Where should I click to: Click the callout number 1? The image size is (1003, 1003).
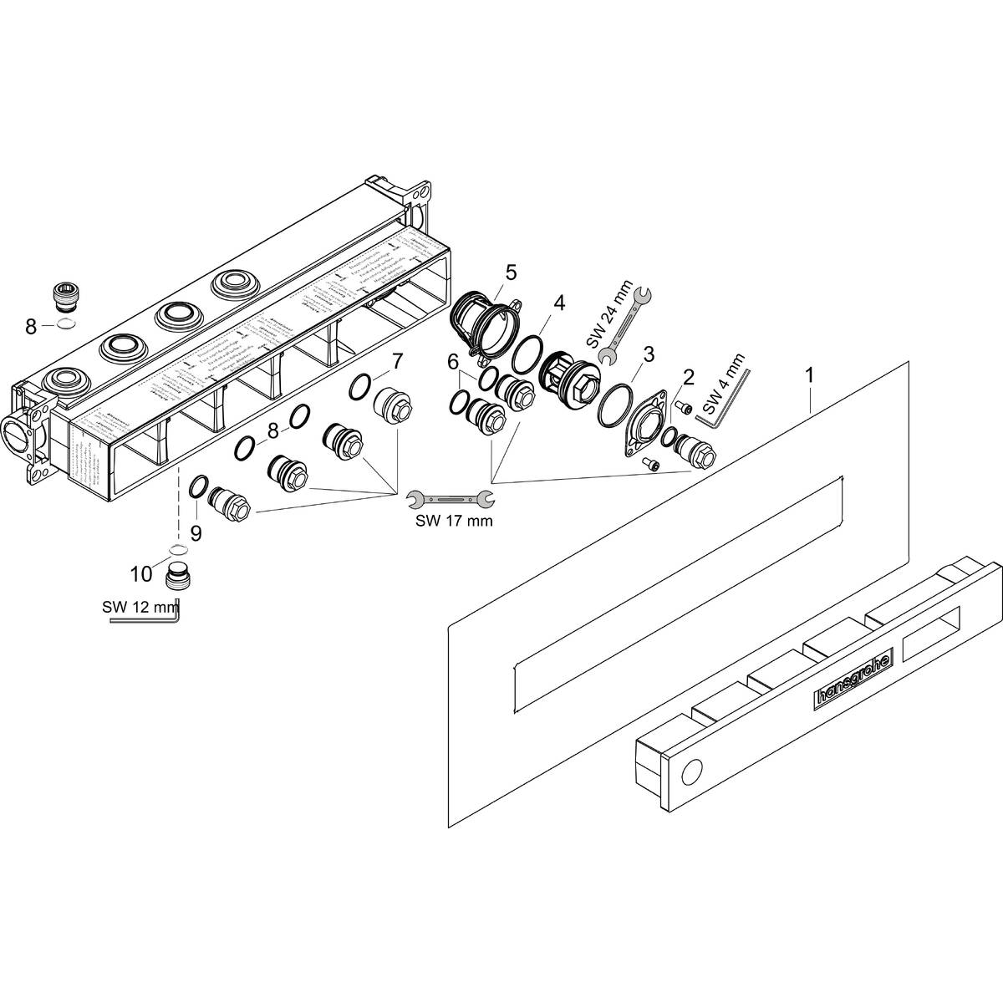click(808, 376)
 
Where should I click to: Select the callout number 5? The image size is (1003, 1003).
click(511, 272)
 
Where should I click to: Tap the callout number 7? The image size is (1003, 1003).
click(397, 361)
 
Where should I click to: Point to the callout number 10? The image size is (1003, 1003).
click(140, 574)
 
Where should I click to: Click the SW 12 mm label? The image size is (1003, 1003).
click(139, 606)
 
